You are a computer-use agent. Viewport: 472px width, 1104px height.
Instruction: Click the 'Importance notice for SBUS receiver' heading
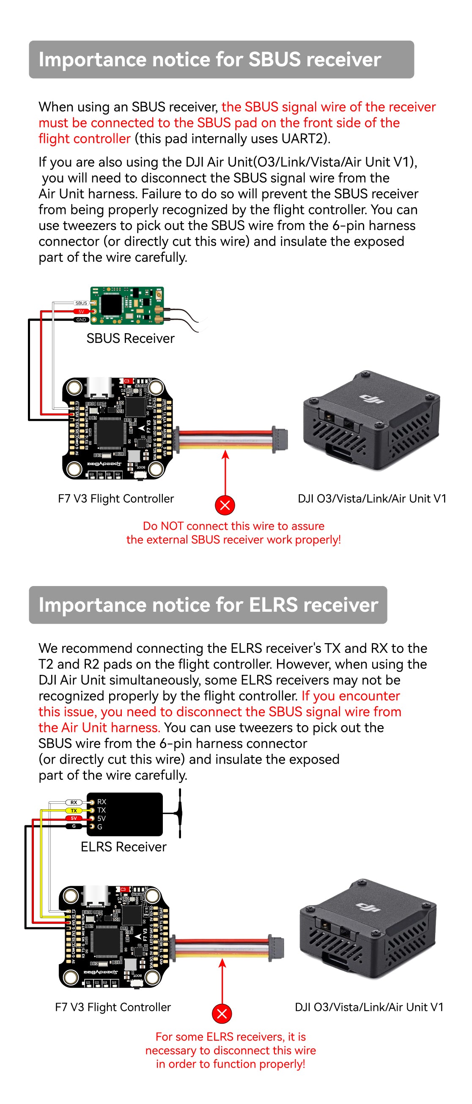[210, 60]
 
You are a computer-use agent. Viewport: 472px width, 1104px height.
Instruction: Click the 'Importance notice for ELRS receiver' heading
[208, 605]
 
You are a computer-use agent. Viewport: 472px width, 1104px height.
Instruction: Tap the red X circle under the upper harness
[225, 505]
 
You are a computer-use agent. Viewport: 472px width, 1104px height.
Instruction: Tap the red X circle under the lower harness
[222, 1014]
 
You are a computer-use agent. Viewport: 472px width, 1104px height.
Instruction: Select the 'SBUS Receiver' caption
[130, 339]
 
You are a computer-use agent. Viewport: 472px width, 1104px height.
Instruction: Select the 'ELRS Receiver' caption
[123, 847]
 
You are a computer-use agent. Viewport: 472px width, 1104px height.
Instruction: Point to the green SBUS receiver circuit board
[128, 305]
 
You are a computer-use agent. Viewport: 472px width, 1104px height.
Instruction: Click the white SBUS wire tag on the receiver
[81, 303]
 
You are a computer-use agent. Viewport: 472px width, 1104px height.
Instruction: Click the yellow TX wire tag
[74, 811]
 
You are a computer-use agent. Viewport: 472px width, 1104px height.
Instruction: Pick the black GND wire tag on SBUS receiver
[81, 320]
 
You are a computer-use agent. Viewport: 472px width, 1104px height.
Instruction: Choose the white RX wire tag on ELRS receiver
[74, 802]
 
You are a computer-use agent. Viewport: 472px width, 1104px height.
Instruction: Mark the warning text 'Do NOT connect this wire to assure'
[233, 526]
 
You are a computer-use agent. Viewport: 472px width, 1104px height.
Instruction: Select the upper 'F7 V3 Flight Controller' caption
[116, 499]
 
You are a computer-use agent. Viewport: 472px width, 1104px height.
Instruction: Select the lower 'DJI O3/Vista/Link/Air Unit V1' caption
[369, 1007]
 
